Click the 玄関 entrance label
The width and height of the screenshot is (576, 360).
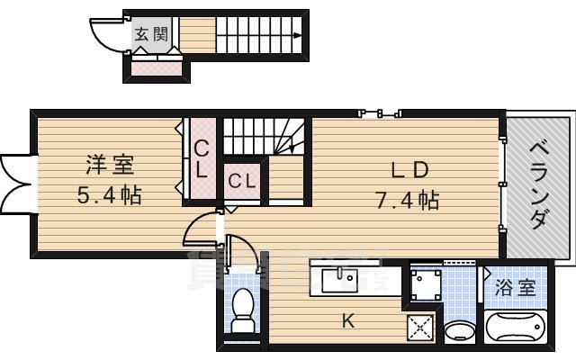[x=151, y=35]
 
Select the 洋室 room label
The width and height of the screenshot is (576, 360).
[x=110, y=166]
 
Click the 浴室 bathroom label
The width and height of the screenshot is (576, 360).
[x=516, y=288]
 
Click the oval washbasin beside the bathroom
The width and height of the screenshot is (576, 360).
[x=460, y=329]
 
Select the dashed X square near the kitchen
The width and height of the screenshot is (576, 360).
[x=418, y=328]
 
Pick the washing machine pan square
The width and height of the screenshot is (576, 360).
[x=424, y=283]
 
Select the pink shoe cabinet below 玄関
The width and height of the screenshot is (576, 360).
[x=158, y=67]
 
